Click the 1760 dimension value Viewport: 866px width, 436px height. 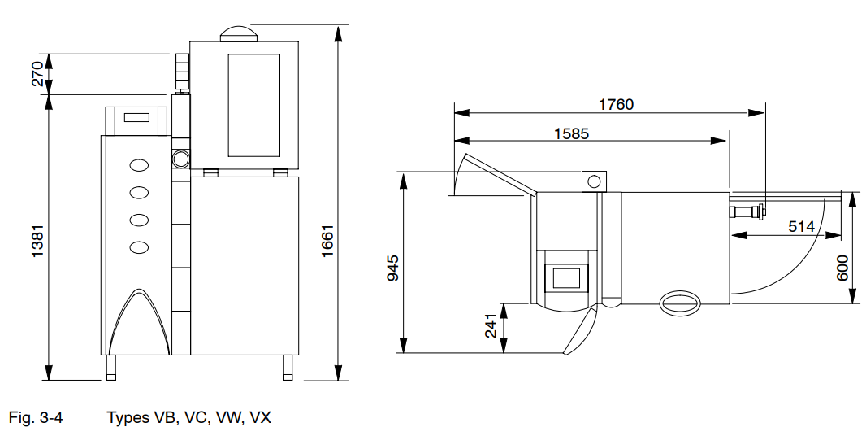pos(616,104)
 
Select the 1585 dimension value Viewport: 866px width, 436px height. pos(572,133)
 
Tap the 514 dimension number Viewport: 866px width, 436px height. pos(801,227)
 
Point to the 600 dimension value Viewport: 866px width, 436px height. pos(842,266)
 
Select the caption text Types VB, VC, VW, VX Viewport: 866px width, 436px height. pos(189,418)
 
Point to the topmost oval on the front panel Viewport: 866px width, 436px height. pos(140,165)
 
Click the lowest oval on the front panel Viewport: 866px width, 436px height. pos(140,246)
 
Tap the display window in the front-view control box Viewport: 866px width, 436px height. pos(136,118)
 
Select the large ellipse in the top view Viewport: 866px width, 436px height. pos(679,303)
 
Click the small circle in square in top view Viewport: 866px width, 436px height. pos(593,181)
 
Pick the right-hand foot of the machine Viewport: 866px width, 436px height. pos(287,368)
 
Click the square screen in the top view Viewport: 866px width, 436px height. pos(566,277)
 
